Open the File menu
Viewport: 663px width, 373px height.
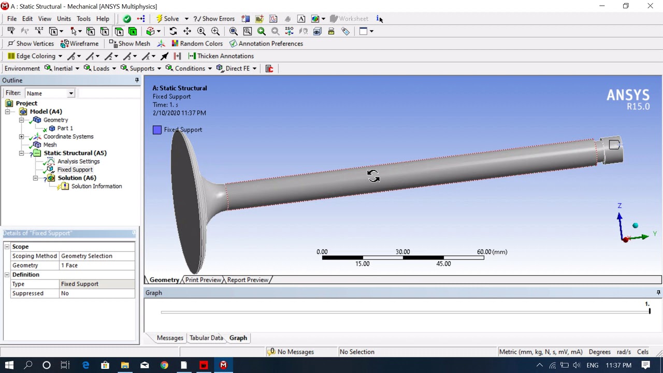pyautogui.click(x=11, y=19)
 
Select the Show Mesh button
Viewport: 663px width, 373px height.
pyautogui.click(x=129, y=44)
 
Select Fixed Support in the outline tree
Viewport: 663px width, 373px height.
pyautogui.click(x=75, y=169)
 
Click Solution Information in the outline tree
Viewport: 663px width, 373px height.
pyautogui.click(x=96, y=186)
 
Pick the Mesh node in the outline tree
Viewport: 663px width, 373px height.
pyautogui.click(x=50, y=145)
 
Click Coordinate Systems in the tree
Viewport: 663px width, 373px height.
pyautogui.click(x=68, y=136)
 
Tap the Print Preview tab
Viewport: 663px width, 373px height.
pyautogui.click(x=203, y=280)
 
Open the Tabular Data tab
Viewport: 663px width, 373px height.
pyautogui.click(x=206, y=338)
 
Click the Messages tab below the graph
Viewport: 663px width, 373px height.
pyautogui.click(x=170, y=338)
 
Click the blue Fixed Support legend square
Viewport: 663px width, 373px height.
pyautogui.click(x=157, y=130)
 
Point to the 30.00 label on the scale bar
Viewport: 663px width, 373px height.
pyautogui.click(x=402, y=252)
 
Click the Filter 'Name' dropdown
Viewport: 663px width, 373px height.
pyautogui.click(x=50, y=93)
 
